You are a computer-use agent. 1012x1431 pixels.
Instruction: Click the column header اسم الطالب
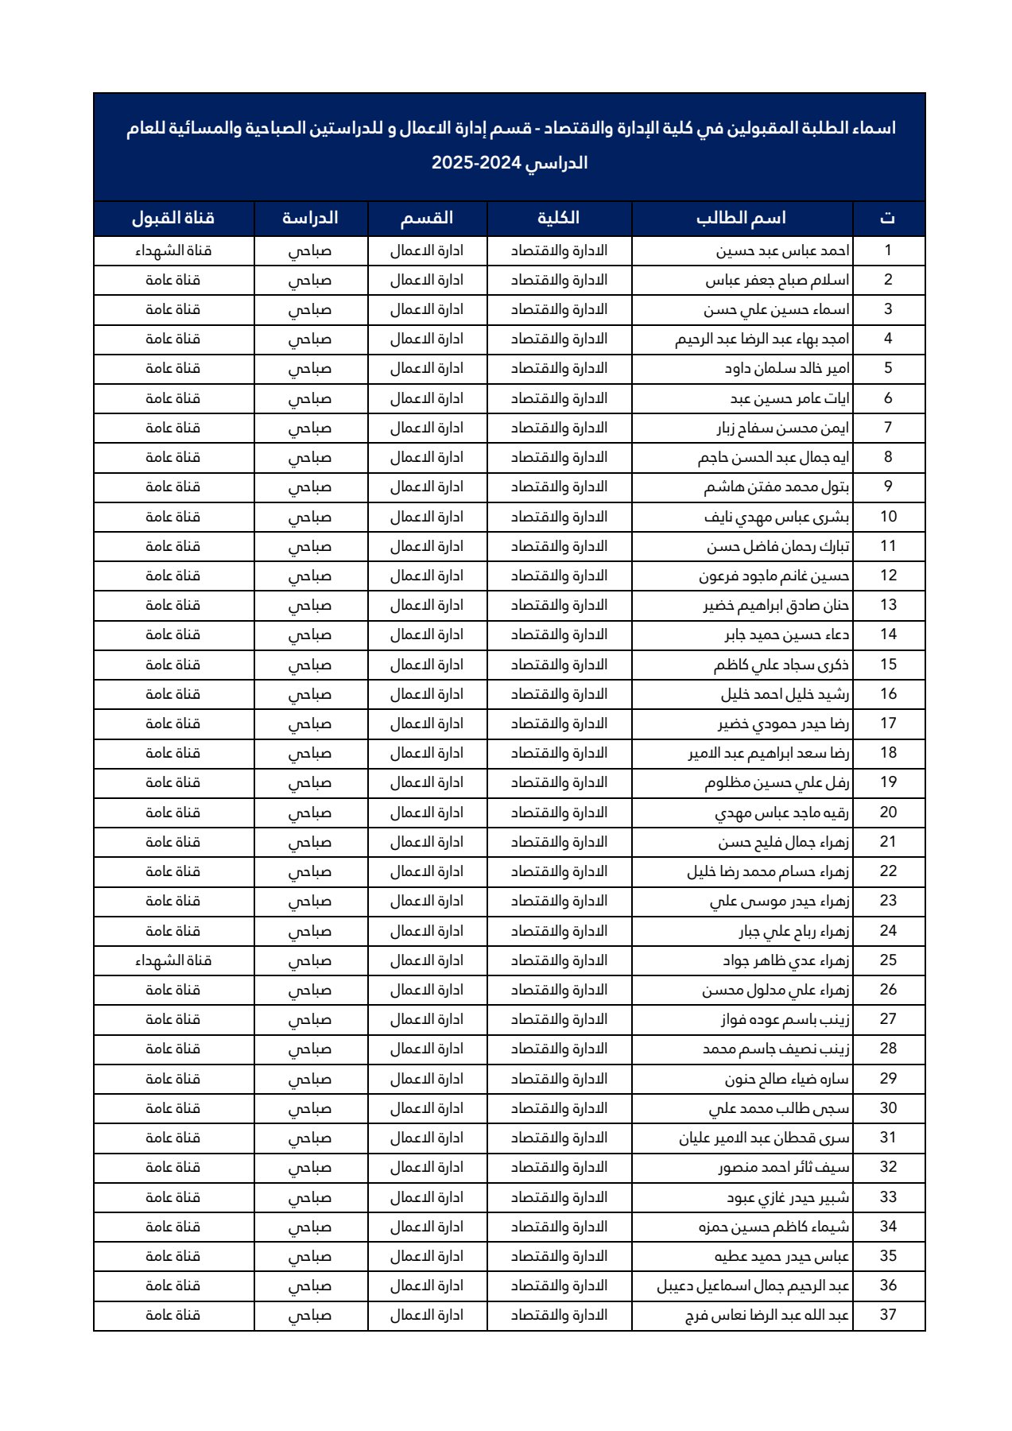[x=741, y=218]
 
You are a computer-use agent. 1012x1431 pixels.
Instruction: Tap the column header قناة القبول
[x=173, y=218]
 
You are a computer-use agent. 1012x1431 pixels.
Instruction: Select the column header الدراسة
[x=310, y=218]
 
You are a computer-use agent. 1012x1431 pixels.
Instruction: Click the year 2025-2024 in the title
[x=476, y=163]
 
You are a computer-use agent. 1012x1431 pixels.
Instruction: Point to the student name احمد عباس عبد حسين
[x=782, y=250]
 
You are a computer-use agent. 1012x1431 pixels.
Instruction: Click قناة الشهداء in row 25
[x=173, y=960]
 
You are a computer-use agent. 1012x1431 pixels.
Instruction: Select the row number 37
[x=888, y=1315]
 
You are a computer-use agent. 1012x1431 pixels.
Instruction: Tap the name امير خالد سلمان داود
[x=786, y=368]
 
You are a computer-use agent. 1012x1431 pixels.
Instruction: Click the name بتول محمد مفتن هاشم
[x=776, y=487]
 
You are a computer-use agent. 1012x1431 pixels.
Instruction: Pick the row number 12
[x=888, y=576]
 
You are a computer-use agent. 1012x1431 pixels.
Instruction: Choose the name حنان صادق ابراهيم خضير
[x=776, y=605]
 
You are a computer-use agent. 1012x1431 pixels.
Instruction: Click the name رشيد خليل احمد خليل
[x=785, y=694]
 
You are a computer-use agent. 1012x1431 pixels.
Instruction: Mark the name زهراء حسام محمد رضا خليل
[x=768, y=871]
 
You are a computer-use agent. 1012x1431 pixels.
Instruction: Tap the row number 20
[x=888, y=812]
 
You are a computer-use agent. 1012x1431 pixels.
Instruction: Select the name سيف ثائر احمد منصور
[x=783, y=1167]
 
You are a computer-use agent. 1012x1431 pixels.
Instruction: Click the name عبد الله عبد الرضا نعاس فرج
[x=767, y=1315]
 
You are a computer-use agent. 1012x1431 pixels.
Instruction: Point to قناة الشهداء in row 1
[x=173, y=250]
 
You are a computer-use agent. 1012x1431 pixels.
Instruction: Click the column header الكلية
[x=558, y=218]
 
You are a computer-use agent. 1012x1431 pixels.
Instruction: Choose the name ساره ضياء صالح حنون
[x=786, y=1079]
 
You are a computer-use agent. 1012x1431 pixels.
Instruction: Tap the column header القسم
[x=426, y=218]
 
